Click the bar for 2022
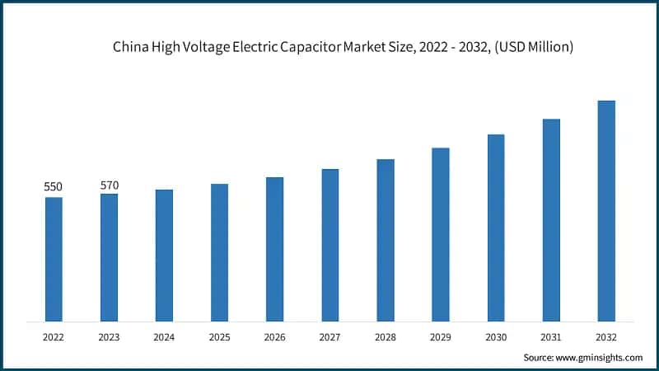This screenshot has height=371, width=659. pyautogui.click(x=54, y=259)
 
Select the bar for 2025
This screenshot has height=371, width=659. pyautogui.click(x=219, y=252)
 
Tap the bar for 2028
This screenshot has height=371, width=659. pyautogui.click(x=386, y=240)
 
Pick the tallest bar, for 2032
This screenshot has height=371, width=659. pyautogui.click(x=606, y=210)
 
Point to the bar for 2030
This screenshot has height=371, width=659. pyautogui.click(x=496, y=228)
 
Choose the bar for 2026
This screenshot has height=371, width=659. pyautogui.click(x=274, y=249)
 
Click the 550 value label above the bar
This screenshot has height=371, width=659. pyautogui.click(x=54, y=187)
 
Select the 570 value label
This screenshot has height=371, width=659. pyautogui.click(x=109, y=185)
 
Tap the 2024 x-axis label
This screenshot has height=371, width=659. pyautogui.click(x=164, y=336)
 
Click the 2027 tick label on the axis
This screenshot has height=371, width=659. pyautogui.click(x=329, y=336)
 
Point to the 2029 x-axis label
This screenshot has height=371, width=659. pyautogui.click(x=440, y=336)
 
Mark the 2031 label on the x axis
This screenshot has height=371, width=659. pyautogui.click(x=551, y=336)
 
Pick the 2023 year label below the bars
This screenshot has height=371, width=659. pyautogui.click(x=109, y=336)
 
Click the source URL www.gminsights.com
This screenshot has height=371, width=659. pyautogui.click(x=601, y=357)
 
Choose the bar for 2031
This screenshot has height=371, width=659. pyautogui.click(x=551, y=220)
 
